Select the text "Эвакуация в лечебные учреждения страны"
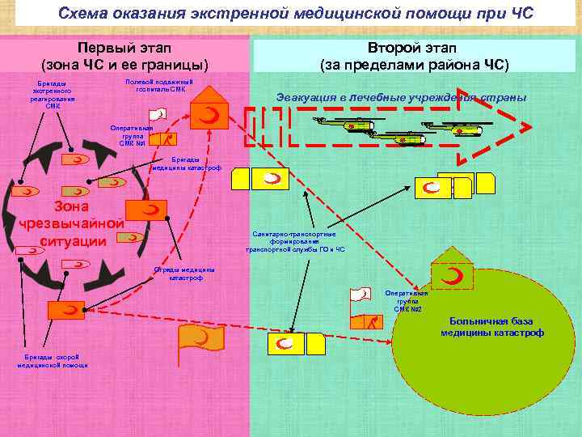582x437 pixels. click(402, 97)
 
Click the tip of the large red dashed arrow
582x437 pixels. click(529, 128)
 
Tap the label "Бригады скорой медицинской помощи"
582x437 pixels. click(53, 360)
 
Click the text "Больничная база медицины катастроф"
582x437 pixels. click(492, 326)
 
